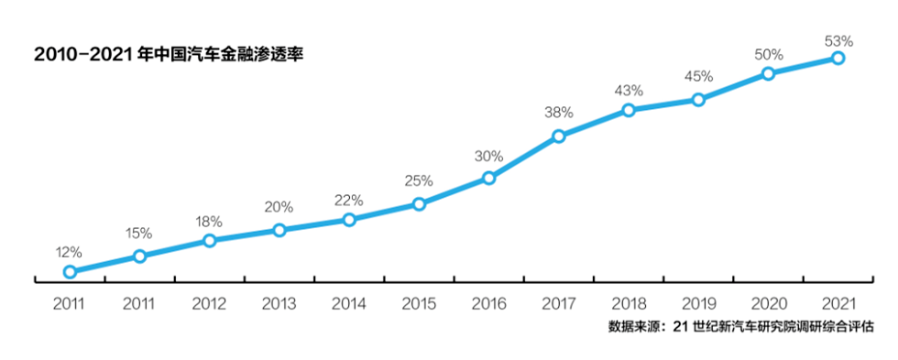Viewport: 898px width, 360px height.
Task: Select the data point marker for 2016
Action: pyautogui.click(x=488, y=178)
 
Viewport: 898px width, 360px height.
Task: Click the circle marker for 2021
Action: pyautogui.click(x=838, y=58)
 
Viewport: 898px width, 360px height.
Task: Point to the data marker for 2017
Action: pyautogui.click(x=558, y=136)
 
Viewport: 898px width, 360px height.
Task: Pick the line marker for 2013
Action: pyautogui.click(x=279, y=230)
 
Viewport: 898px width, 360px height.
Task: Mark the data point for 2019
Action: pyautogui.click(x=698, y=99)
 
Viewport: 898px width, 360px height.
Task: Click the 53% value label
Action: pyautogui.click(x=838, y=39)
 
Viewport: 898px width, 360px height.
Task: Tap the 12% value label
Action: pyautogui.click(x=69, y=252)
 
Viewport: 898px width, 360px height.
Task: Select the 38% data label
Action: pyautogui.click(x=558, y=113)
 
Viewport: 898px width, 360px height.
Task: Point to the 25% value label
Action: pyautogui.click(x=419, y=180)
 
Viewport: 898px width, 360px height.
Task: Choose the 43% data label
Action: pyautogui.click(x=629, y=91)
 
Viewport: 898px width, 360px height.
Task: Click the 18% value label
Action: pyautogui.click(x=209, y=221)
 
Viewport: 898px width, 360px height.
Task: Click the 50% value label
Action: pyautogui.click(x=768, y=55)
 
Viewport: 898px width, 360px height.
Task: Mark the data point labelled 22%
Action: pyautogui.click(x=349, y=220)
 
